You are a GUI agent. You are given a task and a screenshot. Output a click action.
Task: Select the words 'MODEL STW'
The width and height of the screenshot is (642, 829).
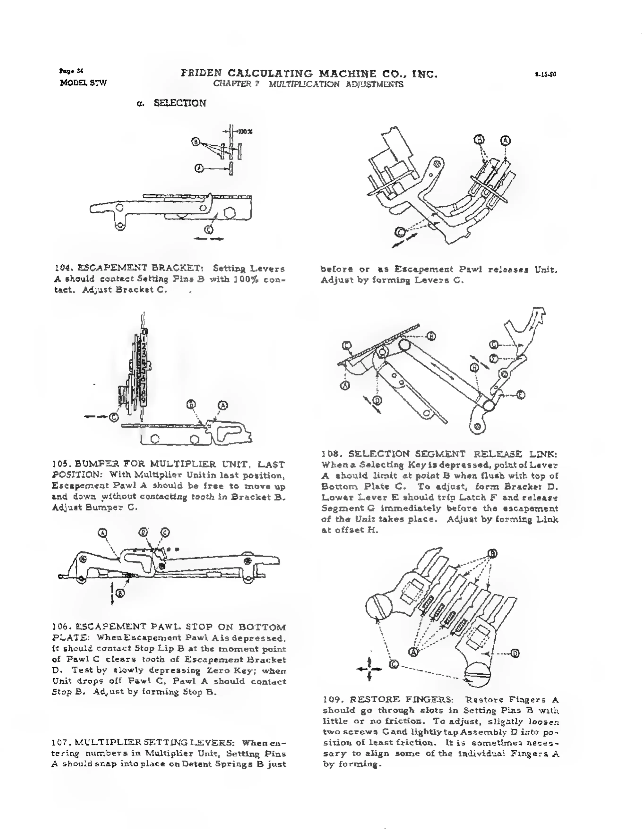pyautogui.click(x=83, y=83)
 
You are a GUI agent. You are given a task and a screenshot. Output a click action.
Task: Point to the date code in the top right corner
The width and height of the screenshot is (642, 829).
pyautogui.click(x=545, y=74)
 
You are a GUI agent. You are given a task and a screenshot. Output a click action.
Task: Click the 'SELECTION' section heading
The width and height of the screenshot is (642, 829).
pyautogui.click(x=180, y=103)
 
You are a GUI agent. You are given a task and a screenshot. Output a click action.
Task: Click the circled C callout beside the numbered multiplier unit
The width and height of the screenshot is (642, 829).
pyautogui.click(x=114, y=417)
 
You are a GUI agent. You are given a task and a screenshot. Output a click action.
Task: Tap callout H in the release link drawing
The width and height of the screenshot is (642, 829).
pyautogui.click(x=474, y=367)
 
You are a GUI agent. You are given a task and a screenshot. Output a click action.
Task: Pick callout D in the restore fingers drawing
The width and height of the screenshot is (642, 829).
pyautogui.click(x=515, y=653)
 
